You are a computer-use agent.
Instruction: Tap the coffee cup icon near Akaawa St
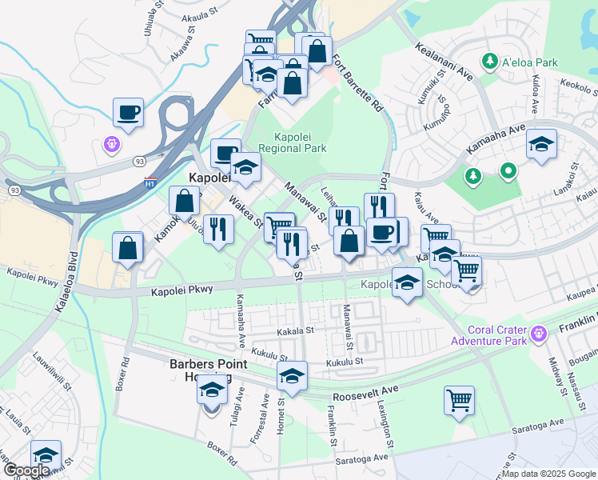click(128, 113)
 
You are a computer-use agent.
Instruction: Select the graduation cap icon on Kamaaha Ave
click(541, 145)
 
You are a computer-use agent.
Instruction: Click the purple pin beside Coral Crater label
click(539, 332)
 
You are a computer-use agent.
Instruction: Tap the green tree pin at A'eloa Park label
click(488, 60)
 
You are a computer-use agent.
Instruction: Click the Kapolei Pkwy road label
click(182, 290)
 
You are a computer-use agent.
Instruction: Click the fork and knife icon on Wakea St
click(217, 229)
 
